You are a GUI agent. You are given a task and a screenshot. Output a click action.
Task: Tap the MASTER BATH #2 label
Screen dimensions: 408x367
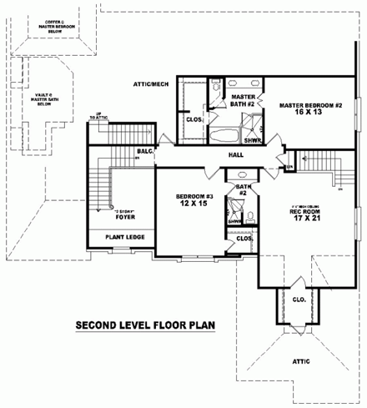coord(242,100)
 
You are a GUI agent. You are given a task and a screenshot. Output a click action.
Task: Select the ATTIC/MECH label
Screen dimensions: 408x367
coord(152,84)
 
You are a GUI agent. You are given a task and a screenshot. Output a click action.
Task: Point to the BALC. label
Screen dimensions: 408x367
coord(144,152)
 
